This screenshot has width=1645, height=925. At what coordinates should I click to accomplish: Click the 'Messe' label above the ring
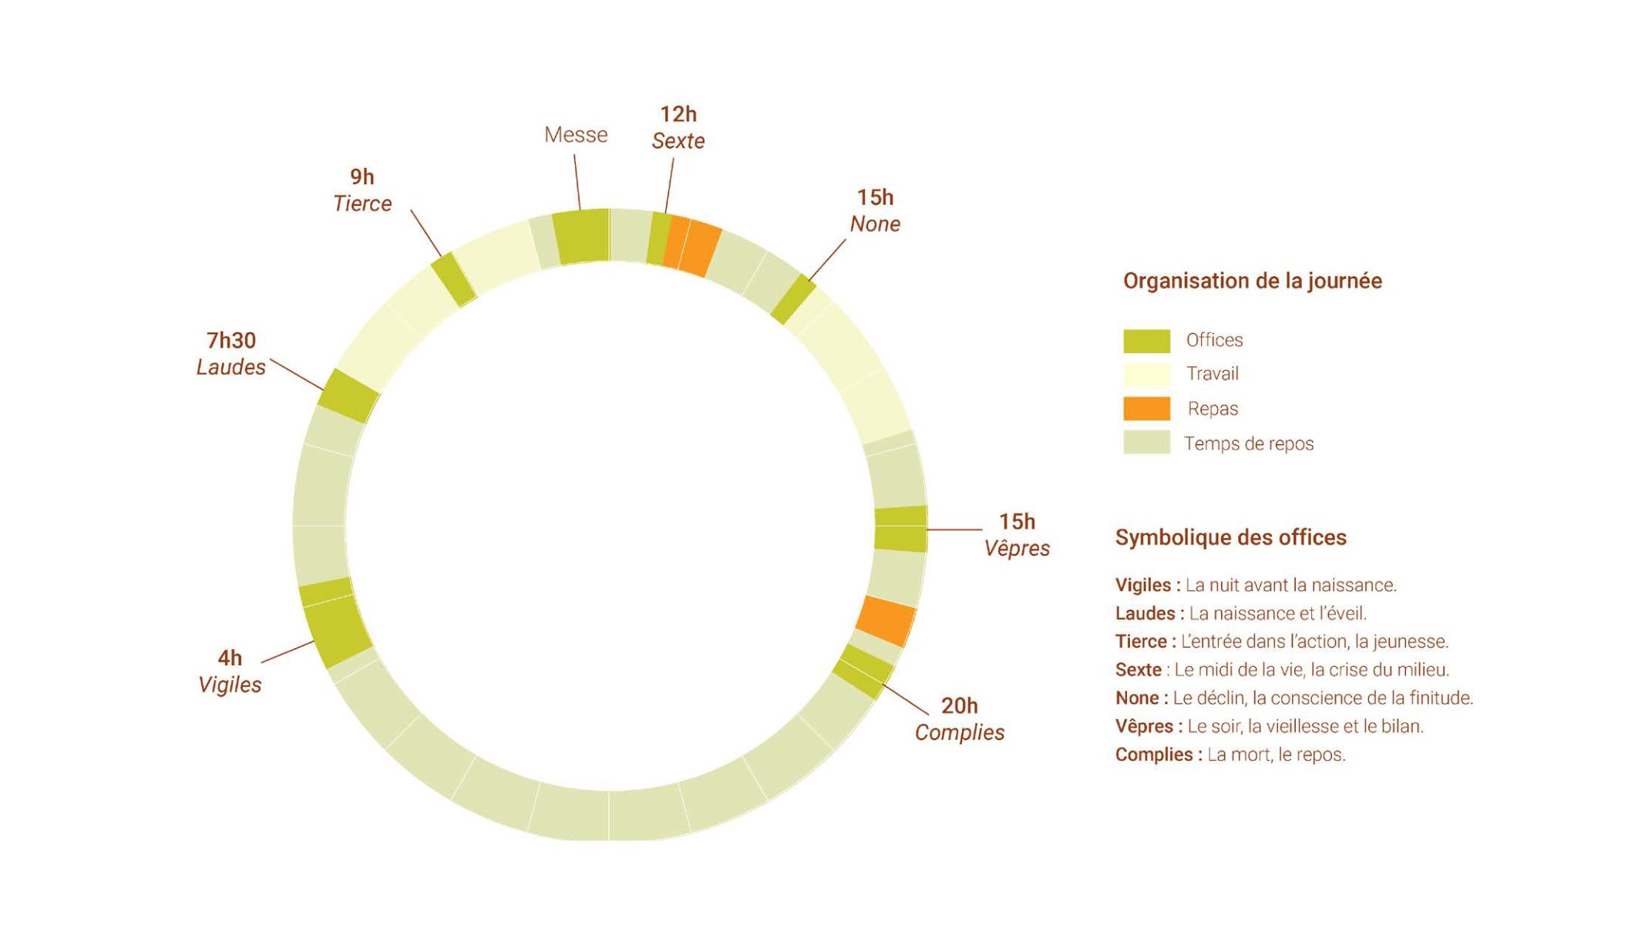coord(576,135)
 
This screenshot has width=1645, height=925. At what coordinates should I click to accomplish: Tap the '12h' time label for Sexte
coord(678,114)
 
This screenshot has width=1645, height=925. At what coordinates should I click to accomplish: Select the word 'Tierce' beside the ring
coord(362,203)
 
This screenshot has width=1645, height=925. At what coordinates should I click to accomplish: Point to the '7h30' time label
coord(231,340)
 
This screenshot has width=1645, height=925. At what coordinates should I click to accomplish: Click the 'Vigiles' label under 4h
coord(230,684)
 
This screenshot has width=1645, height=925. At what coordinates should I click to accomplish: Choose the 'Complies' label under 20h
coord(960,732)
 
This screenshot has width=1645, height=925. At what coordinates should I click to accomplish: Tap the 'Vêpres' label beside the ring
coord(1017,548)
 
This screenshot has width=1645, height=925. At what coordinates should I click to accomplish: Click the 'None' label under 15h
coord(875,224)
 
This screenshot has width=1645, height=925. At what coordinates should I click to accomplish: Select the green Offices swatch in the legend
coord(1146,341)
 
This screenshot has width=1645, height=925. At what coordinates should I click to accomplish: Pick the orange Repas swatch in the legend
coord(1146,409)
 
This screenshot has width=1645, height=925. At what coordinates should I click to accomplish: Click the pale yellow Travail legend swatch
coord(1146,375)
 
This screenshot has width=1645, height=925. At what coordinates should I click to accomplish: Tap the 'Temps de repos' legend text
coord(1249,444)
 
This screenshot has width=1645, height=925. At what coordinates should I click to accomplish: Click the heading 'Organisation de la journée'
coord(1253,281)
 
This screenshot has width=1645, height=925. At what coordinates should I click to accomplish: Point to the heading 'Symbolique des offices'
coord(1231,537)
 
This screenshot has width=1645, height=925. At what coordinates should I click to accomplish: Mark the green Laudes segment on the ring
coord(348,395)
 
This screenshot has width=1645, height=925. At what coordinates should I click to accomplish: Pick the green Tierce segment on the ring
coord(454,279)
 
